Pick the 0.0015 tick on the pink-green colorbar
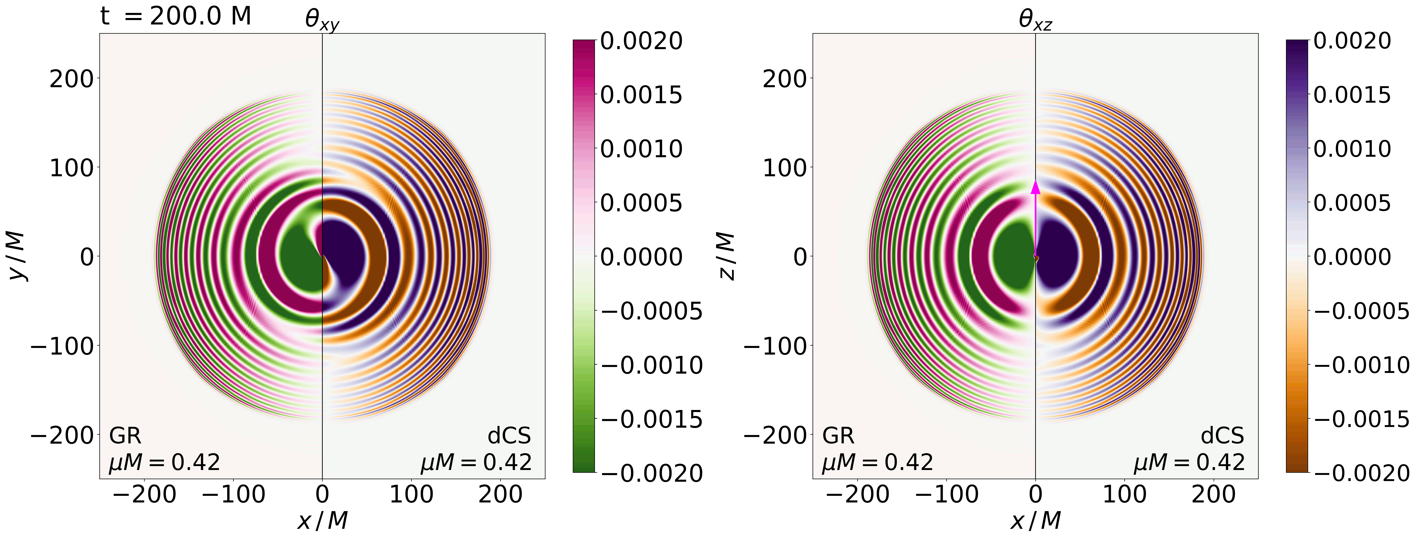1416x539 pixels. [641, 95]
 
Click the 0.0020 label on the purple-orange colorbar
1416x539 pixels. [1352, 41]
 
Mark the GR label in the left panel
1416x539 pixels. [125, 436]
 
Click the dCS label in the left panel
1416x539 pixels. [509, 436]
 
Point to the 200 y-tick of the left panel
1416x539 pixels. [72, 79]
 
